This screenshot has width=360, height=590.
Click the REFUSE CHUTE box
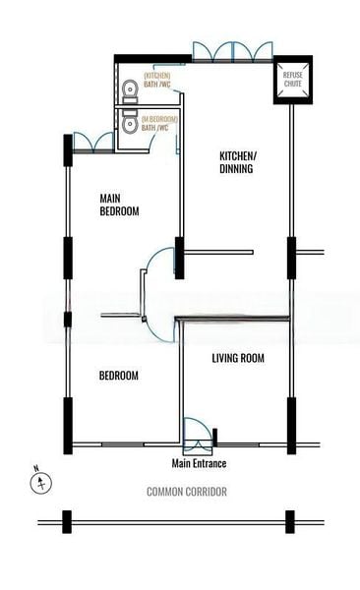point(292,82)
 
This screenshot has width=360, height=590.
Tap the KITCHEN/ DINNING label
point(237,162)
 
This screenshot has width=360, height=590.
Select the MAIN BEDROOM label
point(119,205)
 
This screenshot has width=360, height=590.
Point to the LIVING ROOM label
point(238,358)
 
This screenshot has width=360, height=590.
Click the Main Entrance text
point(200,463)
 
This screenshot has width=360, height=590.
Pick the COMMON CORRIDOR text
point(187,492)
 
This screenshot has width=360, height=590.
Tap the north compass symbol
point(41,483)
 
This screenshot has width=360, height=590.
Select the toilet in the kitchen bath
point(128,91)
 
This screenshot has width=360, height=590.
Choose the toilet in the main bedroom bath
point(128,123)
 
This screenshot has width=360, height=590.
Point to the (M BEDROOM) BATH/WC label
point(161,123)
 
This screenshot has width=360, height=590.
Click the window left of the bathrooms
point(91,142)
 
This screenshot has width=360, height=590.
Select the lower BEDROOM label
point(119,376)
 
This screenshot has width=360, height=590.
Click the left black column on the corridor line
point(67,521)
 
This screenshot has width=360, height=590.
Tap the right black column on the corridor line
point(289,521)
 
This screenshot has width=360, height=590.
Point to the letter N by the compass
point(35,468)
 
